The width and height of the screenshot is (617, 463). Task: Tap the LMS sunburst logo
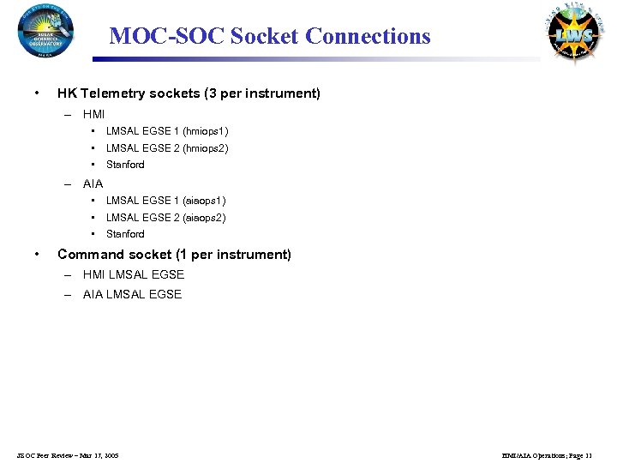coord(571,34)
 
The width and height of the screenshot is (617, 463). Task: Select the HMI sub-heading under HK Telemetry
coord(93,114)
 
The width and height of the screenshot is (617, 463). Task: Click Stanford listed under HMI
coord(125,165)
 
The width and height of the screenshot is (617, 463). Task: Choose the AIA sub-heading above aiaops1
coord(93,183)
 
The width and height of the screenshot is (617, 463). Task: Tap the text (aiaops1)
coord(205,201)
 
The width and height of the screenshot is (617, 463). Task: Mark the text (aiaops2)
coord(205,218)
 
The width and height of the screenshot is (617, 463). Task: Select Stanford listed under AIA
coord(125,234)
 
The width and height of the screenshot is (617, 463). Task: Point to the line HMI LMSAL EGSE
coord(134,275)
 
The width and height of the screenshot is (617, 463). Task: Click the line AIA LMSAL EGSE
coord(132,295)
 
